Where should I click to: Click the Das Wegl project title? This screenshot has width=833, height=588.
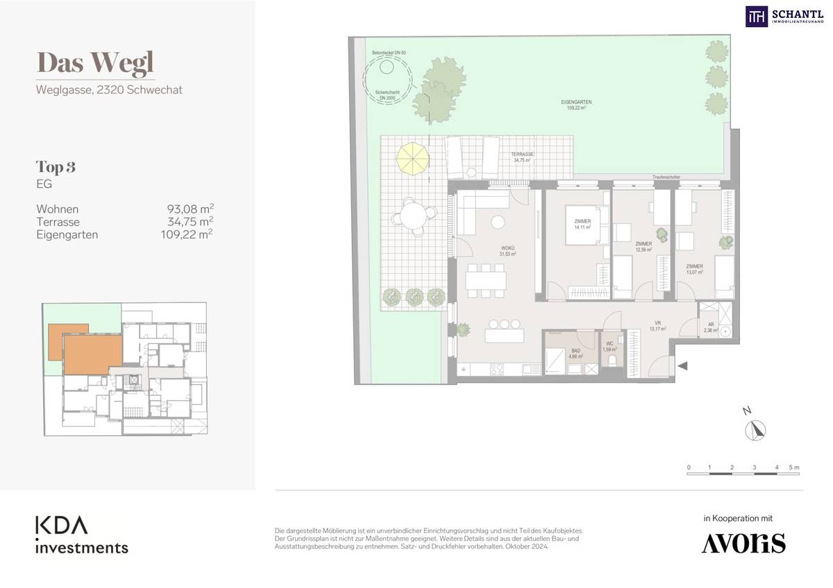[95, 62]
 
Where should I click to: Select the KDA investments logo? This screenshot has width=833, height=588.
[82, 534]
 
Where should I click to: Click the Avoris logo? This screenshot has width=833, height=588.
[743, 543]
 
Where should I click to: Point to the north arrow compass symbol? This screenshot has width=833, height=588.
[755, 431]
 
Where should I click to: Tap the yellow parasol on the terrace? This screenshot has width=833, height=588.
[413, 158]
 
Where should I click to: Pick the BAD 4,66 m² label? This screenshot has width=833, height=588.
[575, 354]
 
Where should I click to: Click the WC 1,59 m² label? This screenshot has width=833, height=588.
[609, 347]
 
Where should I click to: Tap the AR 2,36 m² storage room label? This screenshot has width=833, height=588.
[709, 327]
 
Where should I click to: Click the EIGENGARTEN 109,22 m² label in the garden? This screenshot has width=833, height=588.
[576, 105]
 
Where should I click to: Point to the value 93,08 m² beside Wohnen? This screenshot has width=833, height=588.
[187, 209]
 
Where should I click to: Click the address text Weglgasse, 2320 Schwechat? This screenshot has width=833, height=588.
[109, 89]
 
